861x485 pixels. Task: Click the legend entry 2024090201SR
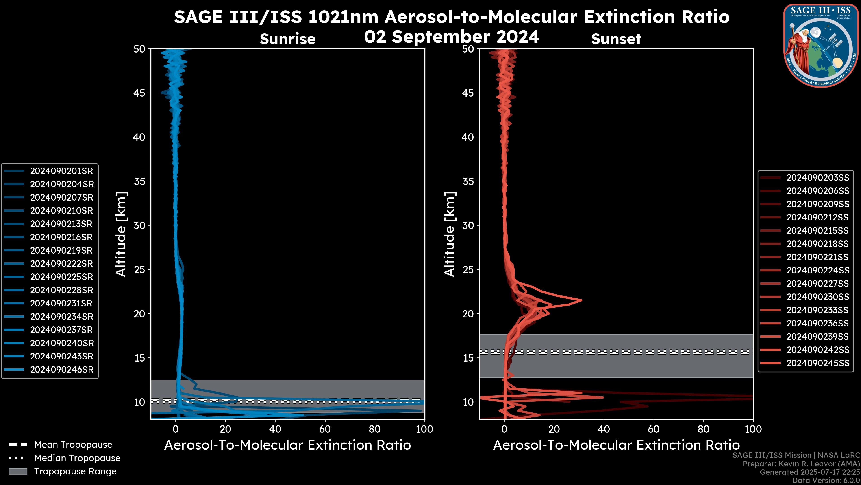pyautogui.click(x=61, y=171)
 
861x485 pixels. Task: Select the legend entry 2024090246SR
pyautogui.click(x=61, y=370)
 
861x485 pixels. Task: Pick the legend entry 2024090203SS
pyautogui.click(x=818, y=178)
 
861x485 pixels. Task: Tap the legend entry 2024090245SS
pyautogui.click(x=818, y=363)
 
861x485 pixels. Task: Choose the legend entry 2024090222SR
pyautogui.click(x=61, y=264)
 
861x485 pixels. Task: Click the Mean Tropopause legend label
pyautogui.click(x=73, y=445)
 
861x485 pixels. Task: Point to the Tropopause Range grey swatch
pyautogui.click(x=18, y=471)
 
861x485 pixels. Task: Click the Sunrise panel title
pyautogui.click(x=287, y=39)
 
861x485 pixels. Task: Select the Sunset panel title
pyautogui.click(x=616, y=39)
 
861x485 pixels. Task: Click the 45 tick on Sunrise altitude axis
pyautogui.click(x=139, y=93)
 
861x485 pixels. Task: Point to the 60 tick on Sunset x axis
pyautogui.click(x=653, y=429)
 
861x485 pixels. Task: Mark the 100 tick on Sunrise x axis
pyautogui.click(x=424, y=429)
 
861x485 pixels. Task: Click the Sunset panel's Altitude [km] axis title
pyautogui.click(x=450, y=234)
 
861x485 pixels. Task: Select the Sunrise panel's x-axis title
pyautogui.click(x=287, y=445)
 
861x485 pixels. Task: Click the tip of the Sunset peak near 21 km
pyautogui.click(x=582, y=300)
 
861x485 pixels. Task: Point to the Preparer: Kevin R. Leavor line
pyautogui.click(x=801, y=464)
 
